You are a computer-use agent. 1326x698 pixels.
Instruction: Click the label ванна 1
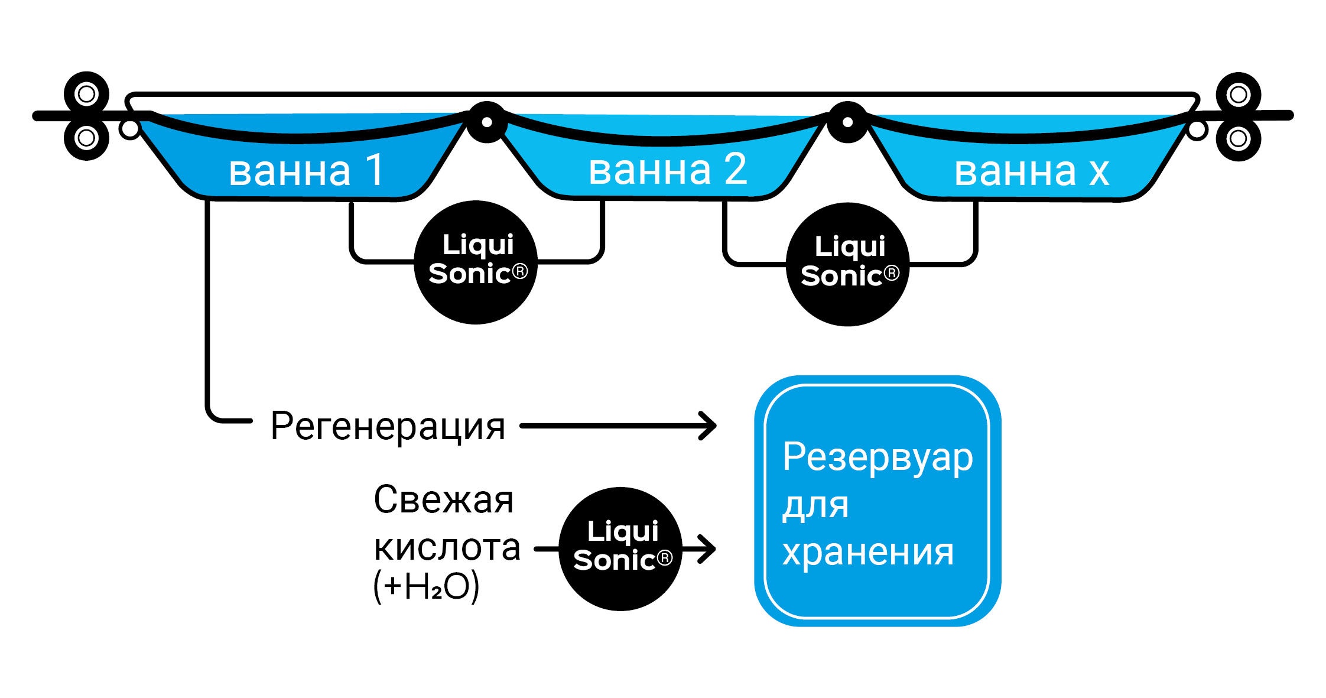307,171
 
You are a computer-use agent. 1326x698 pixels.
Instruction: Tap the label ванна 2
668,170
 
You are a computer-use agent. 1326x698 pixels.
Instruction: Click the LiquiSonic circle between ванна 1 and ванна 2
476,262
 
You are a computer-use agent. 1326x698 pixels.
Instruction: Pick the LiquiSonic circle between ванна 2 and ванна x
848,264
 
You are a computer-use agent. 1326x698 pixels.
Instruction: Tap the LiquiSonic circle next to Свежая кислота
620,548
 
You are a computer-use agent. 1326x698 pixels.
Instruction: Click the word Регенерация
388,426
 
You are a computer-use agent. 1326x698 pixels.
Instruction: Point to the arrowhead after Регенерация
708,426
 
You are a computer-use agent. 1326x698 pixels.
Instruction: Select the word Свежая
443,500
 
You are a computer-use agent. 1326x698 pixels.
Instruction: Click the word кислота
447,547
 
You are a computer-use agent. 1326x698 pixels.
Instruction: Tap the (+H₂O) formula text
426,586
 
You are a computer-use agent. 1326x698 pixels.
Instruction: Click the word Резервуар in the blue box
877,457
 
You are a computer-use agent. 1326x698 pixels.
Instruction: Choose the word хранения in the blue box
868,553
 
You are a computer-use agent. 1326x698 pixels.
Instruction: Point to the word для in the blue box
815,506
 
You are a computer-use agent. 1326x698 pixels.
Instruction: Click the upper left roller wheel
86,93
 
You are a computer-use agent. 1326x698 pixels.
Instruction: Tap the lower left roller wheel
86,138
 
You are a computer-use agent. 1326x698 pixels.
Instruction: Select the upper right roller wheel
1239,94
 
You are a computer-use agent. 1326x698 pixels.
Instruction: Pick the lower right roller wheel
1239,139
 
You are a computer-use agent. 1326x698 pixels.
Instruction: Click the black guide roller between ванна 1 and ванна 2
487,122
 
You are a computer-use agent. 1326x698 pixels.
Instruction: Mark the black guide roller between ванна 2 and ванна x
847,122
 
